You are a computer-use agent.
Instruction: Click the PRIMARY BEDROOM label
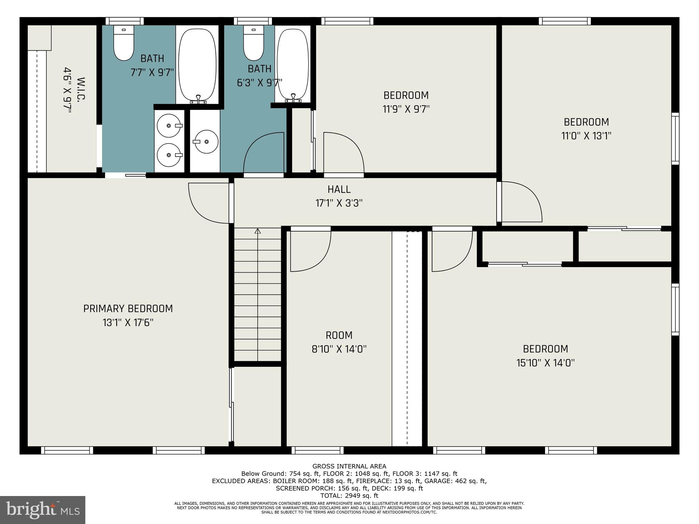(128, 309)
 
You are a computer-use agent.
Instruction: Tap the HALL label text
(339, 189)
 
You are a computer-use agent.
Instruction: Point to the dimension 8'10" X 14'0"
(339, 349)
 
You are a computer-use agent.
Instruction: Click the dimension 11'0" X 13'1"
(586, 136)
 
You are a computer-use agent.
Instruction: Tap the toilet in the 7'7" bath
(124, 43)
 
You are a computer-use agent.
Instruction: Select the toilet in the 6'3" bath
(254, 43)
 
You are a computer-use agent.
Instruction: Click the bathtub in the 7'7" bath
(197, 65)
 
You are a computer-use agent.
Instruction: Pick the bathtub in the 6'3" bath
(293, 65)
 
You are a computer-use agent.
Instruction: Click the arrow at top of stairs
(258, 231)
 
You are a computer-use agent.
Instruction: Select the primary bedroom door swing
(208, 203)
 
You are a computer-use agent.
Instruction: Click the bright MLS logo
(43, 510)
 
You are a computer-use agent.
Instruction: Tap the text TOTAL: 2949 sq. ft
(349, 496)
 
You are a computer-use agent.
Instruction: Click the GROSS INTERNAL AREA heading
(349, 466)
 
